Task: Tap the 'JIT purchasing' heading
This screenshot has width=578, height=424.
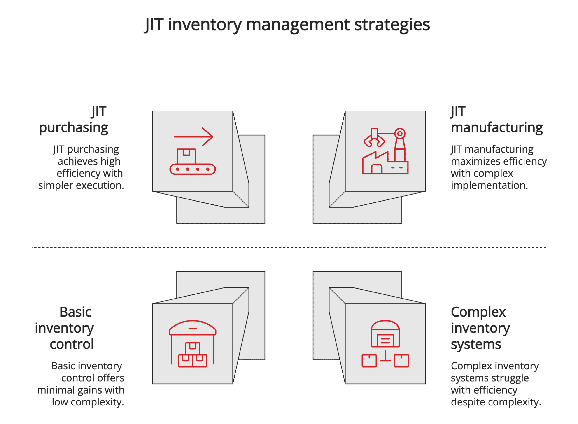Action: pyautogui.click(x=73, y=120)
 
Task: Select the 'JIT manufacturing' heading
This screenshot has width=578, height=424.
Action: pyautogui.click(x=496, y=120)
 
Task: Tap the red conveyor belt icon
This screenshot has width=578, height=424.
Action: pyautogui.click(x=192, y=169)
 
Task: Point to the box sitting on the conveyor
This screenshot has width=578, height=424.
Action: pyautogui.click(x=186, y=156)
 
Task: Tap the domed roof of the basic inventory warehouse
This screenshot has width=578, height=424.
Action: pyautogui.click(x=193, y=327)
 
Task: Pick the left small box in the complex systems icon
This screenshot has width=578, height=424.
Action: pyautogui.click(x=369, y=361)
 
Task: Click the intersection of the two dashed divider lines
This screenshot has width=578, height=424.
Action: pyautogui.click(x=289, y=247)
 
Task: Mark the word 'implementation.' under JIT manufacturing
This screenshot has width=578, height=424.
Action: pyautogui.click(x=489, y=185)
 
